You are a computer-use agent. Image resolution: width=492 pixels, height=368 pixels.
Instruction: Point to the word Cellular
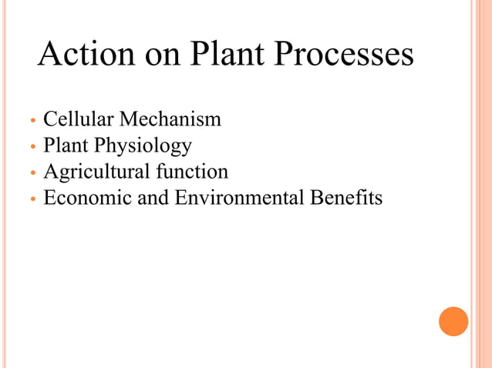tap(75, 119)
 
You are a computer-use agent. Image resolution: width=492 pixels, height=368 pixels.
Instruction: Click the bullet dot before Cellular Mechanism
tap(32, 121)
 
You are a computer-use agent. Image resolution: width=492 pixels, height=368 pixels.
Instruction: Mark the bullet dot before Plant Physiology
tap(32, 147)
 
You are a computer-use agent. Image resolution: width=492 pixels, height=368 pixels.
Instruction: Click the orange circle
tap(453, 321)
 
